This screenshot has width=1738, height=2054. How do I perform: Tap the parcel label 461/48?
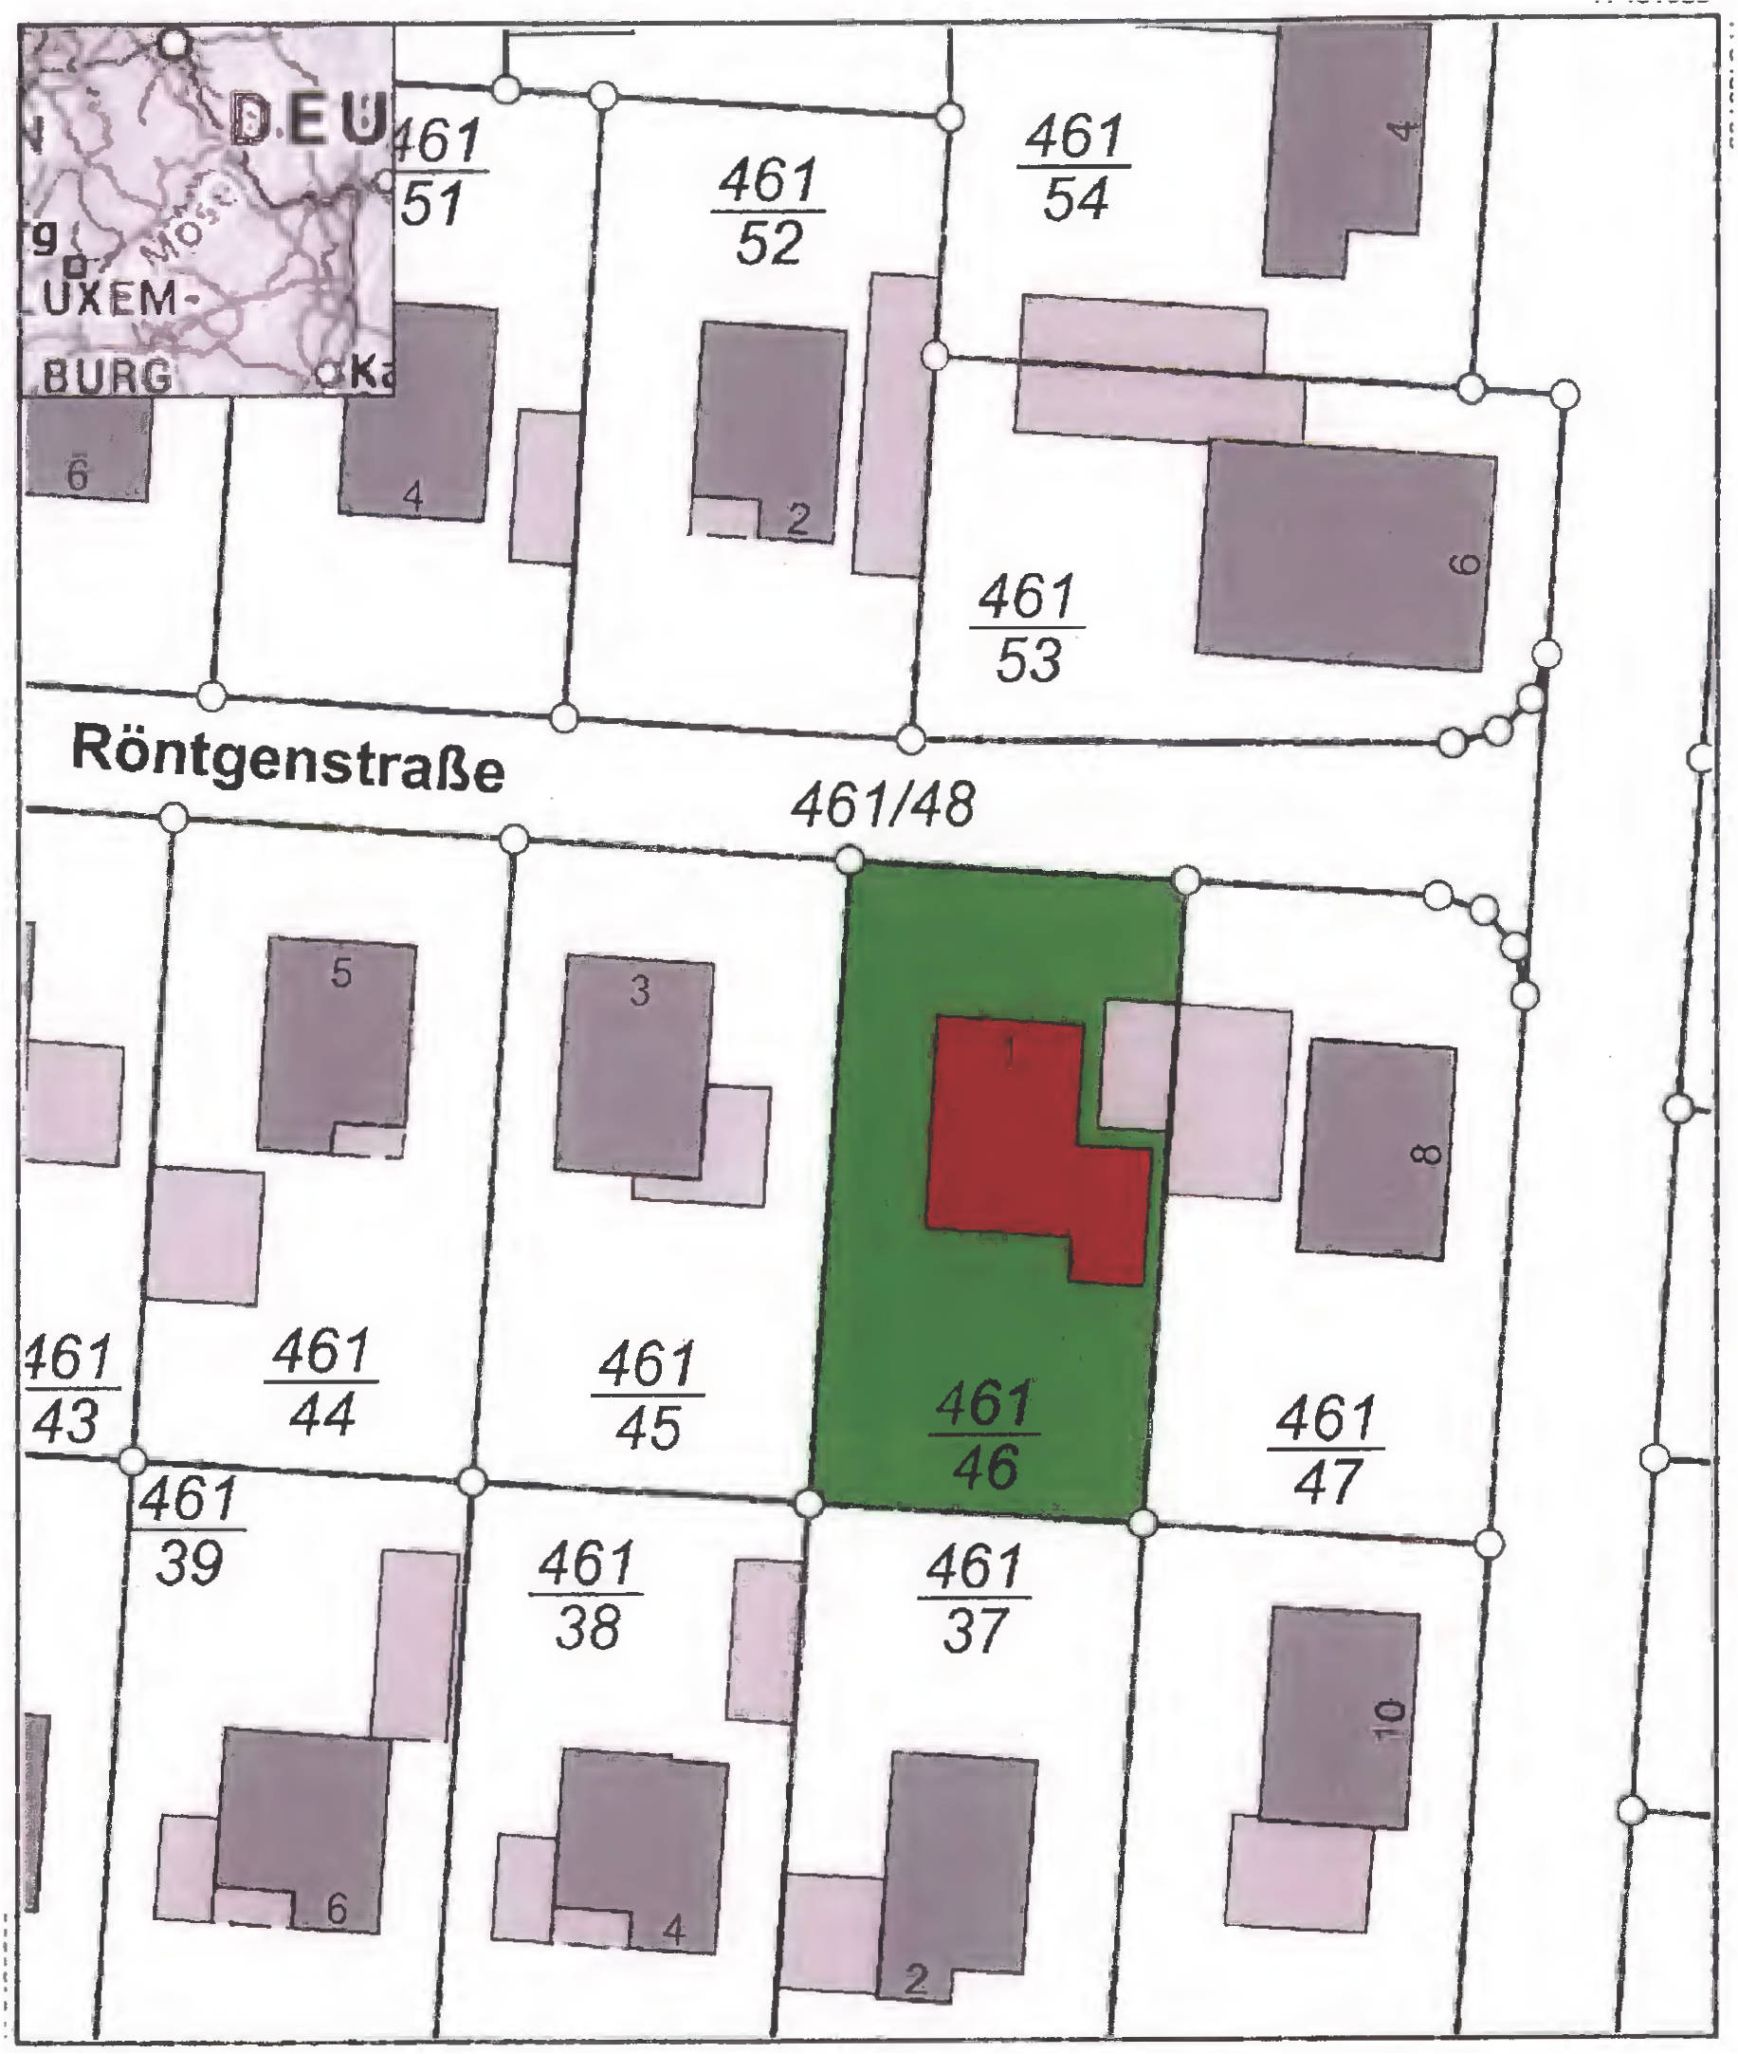coord(883,805)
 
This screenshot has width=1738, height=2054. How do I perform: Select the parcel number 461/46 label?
coord(985,1435)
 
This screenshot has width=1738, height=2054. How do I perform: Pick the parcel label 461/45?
coord(648,1396)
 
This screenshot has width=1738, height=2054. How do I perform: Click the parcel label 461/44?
coord(321,1381)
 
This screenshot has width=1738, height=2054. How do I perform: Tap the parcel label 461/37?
coord(975,1599)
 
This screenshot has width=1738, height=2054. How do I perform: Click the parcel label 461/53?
coord(1028,628)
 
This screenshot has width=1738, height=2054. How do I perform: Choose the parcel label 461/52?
coord(769,212)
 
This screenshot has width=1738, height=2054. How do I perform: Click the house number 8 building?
coord(1376,1149)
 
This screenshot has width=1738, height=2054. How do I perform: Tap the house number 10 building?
coord(1340,1716)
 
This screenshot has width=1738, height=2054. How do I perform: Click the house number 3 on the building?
coord(639,990)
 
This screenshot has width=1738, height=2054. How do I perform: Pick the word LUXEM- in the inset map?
coord(99,299)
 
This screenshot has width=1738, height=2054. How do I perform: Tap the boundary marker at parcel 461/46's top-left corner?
coord(851,860)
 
